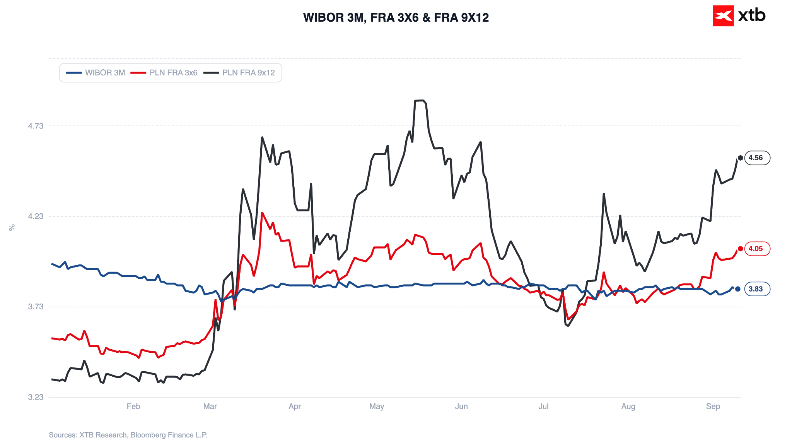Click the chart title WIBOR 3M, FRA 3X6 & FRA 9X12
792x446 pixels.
pos(396,17)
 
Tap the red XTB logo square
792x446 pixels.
pos(723,16)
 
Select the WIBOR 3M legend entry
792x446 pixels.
pos(96,73)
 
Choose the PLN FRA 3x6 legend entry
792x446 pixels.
pos(164,73)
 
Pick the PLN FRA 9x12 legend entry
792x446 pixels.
pos(239,73)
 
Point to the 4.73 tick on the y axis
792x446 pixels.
pos(36,126)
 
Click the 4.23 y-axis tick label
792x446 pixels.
pos(36,216)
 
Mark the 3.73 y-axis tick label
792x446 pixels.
pos(36,307)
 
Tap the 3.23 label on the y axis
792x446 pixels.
pos(36,397)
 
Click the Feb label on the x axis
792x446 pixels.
pos(133,407)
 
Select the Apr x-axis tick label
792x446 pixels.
pos(295,407)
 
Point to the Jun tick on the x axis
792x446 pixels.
pos(461,407)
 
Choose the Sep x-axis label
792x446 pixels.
pos(713,407)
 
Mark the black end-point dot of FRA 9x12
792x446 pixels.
pos(740,158)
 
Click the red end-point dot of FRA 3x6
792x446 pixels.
pos(740,249)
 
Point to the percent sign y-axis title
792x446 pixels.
pos(12,228)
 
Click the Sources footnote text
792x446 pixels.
pos(128,435)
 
